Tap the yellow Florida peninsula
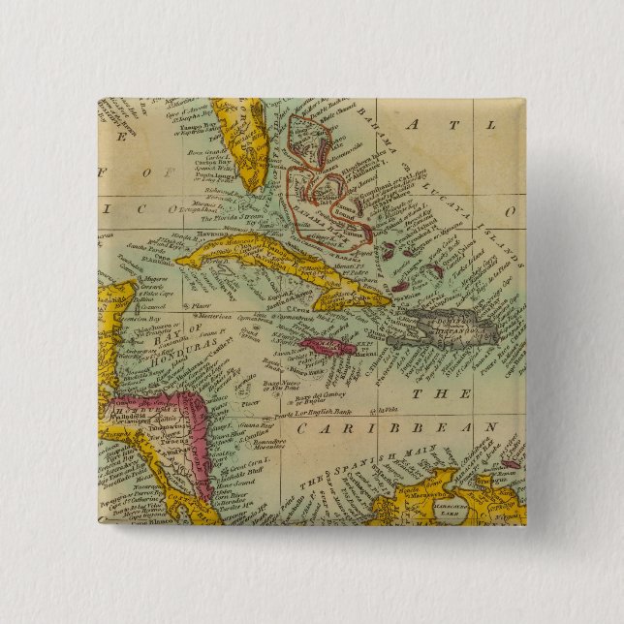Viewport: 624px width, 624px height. click(x=242, y=145)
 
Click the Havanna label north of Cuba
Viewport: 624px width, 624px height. click(x=194, y=231)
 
